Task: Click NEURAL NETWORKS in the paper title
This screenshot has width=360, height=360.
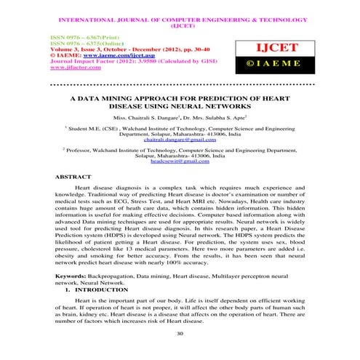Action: (x=223, y=105)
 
